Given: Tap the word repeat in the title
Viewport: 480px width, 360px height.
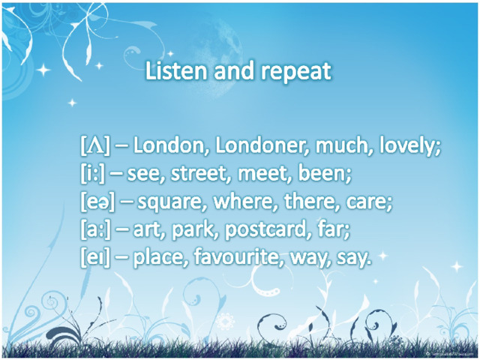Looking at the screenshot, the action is coord(296,73).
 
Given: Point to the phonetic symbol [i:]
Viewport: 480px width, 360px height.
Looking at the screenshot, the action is coord(92,173).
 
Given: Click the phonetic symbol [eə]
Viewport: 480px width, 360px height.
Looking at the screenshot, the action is coord(97,202).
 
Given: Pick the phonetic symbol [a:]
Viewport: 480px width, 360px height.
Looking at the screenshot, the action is coord(95,229).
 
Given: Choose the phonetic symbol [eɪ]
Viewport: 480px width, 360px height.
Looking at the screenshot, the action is coord(95,258).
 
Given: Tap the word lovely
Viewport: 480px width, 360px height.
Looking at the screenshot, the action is coord(409,146).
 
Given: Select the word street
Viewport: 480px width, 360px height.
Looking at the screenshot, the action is coord(200,174).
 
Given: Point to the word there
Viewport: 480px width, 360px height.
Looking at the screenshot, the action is coord(311,202).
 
